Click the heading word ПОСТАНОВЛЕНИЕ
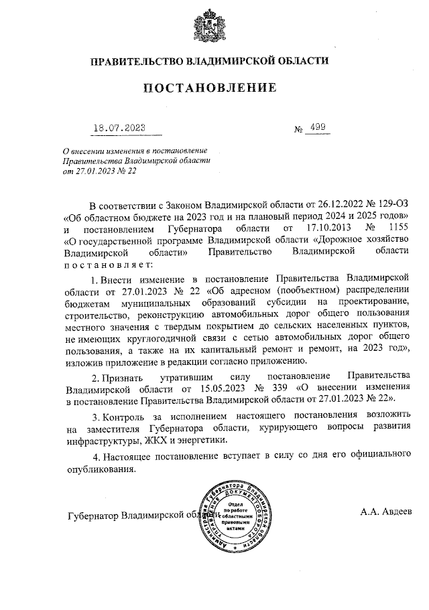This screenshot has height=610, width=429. pos(210,88)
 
